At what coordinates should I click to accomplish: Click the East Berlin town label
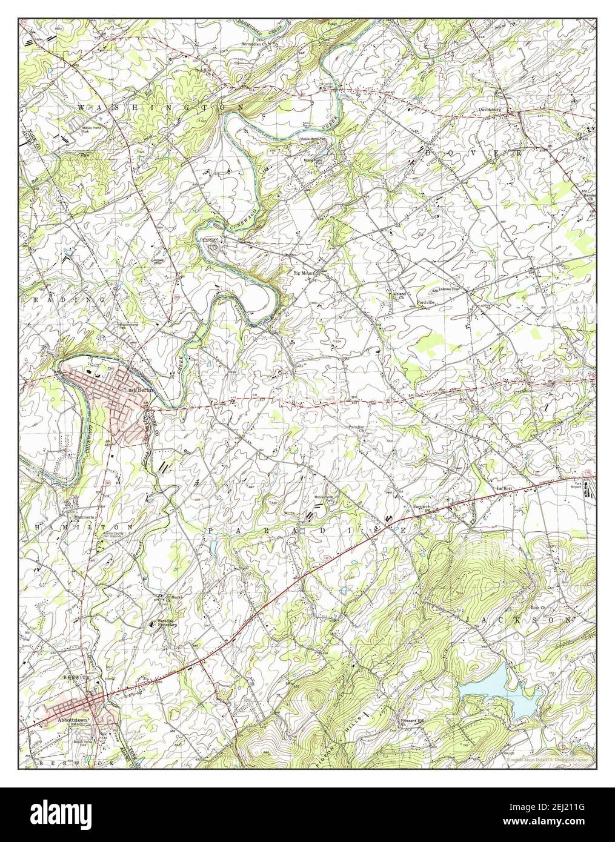(141, 390)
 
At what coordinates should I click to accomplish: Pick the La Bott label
(504, 488)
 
